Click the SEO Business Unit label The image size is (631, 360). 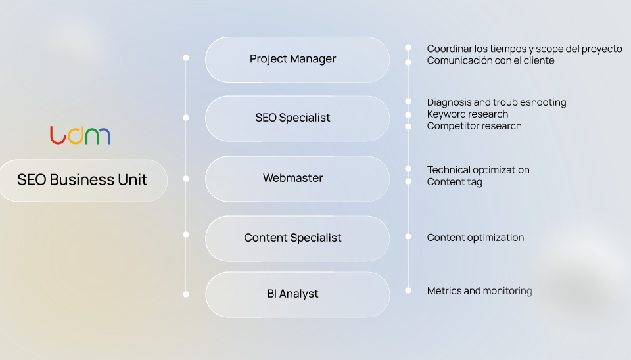[x=82, y=180]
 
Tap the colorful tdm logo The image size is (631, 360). [x=80, y=135]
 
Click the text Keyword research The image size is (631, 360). [x=467, y=114]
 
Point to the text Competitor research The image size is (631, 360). [x=474, y=126]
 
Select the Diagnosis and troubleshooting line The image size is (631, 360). [x=496, y=102]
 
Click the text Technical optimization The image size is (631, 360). [x=478, y=170]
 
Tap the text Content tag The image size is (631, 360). [x=454, y=182]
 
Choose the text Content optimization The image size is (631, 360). [x=475, y=238]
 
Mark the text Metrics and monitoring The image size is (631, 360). [x=479, y=290]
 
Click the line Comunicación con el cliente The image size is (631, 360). [x=490, y=60]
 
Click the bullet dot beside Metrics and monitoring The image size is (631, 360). [x=408, y=290]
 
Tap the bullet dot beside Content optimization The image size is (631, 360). [x=408, y=236]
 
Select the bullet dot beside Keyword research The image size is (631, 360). [x=408, y=114]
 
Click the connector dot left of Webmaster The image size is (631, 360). [x=186, y=178]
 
